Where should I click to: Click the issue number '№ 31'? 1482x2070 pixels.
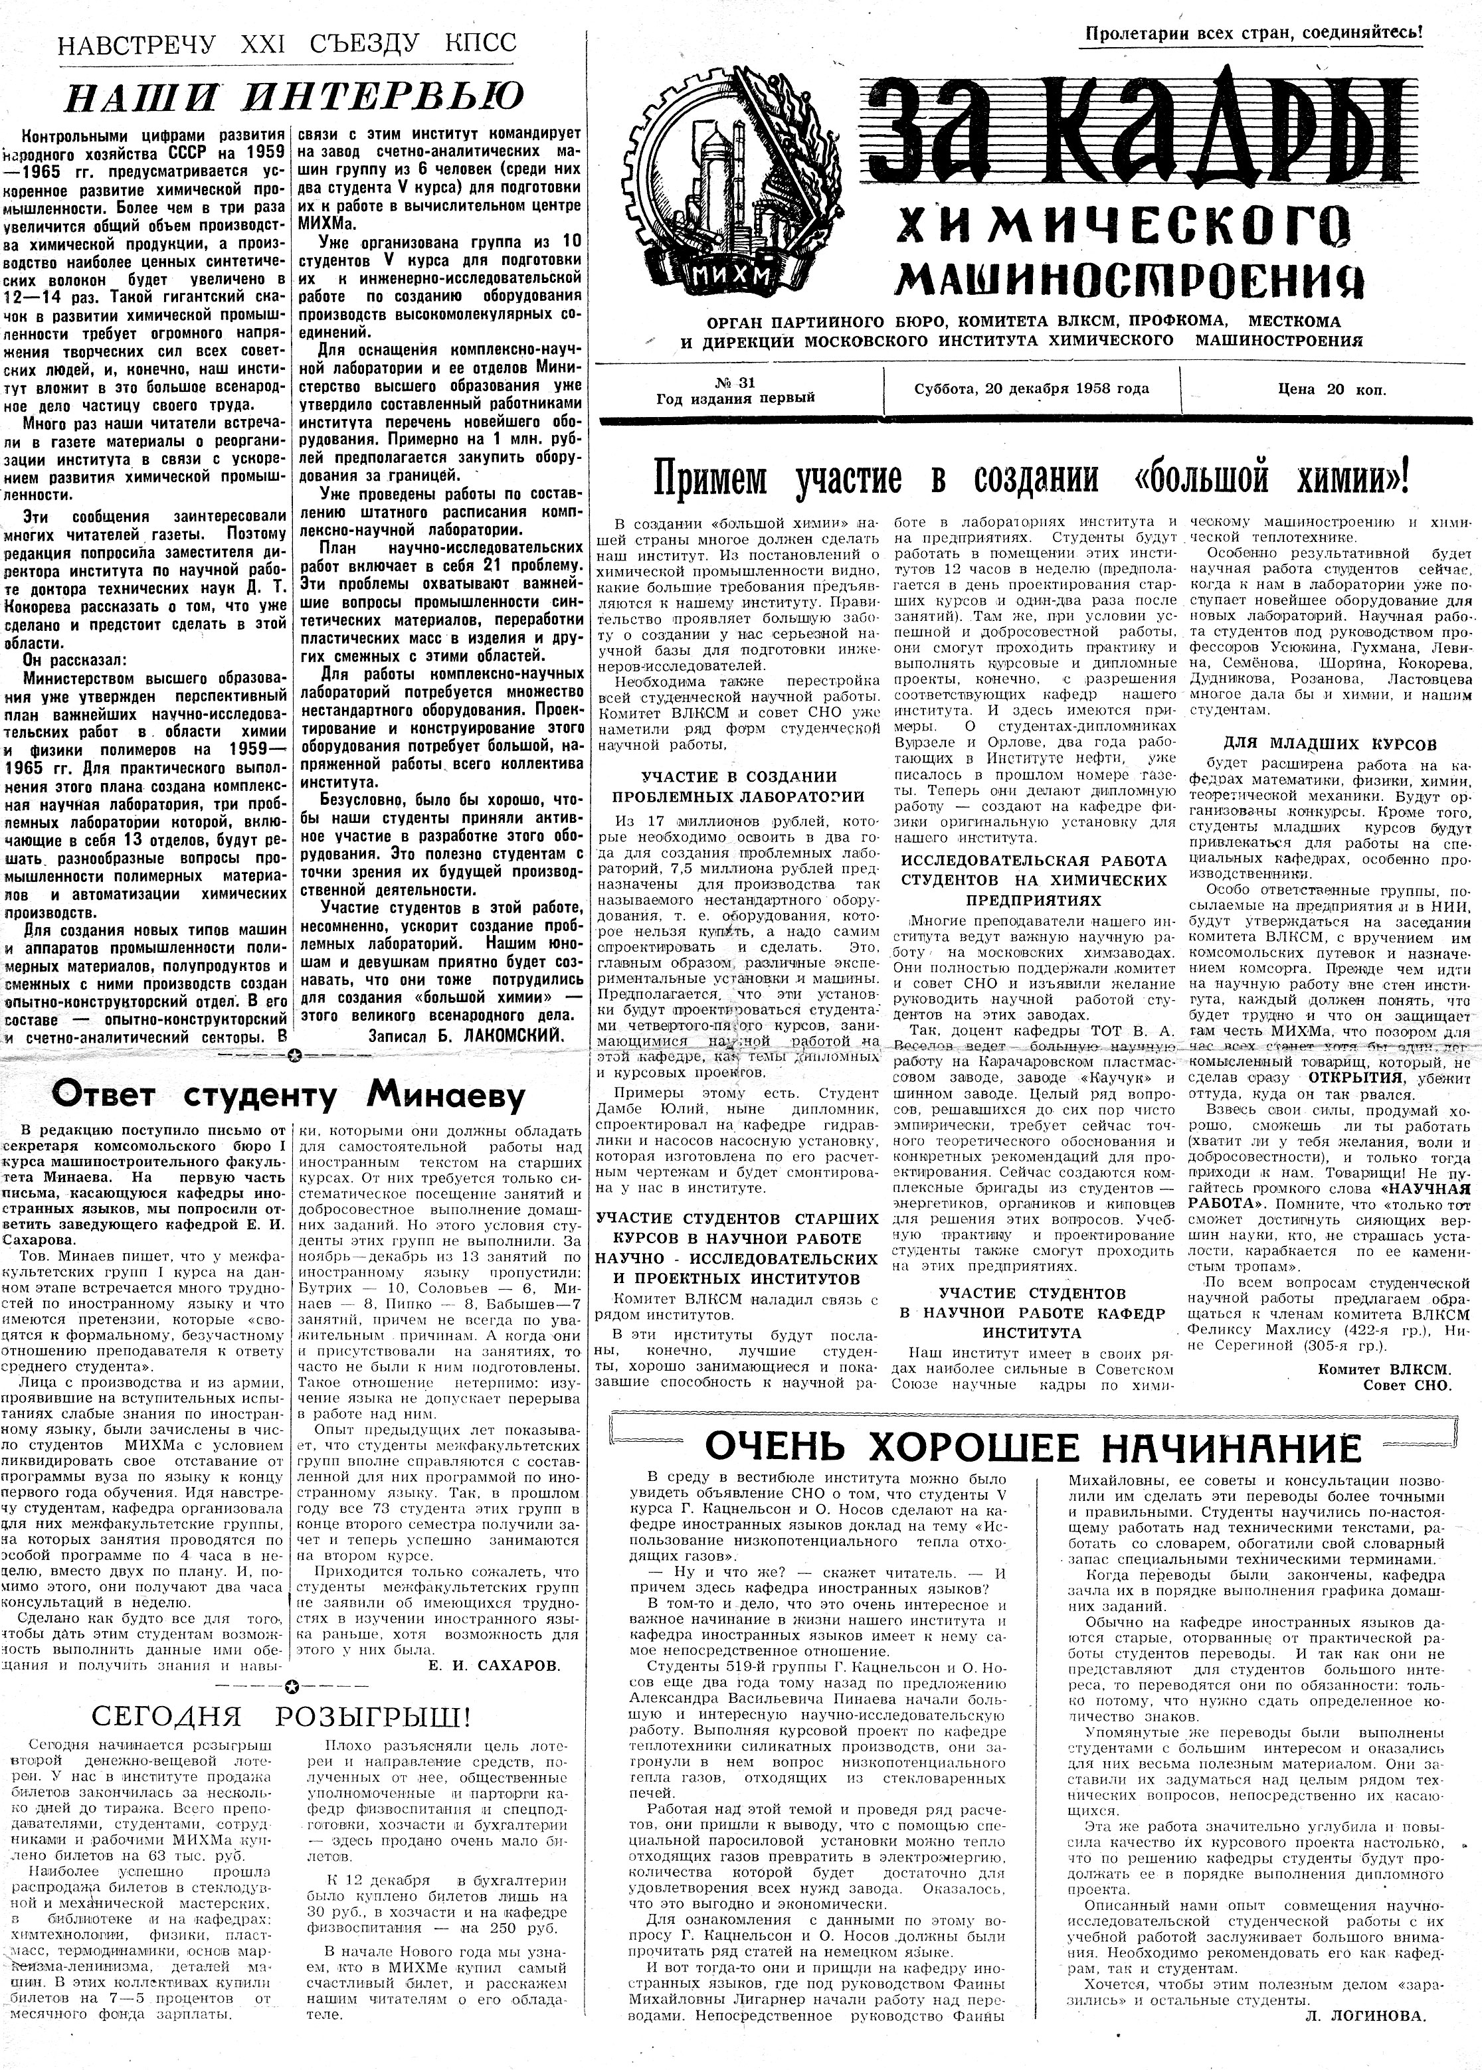735,381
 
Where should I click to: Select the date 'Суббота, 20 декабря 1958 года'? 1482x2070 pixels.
1031,388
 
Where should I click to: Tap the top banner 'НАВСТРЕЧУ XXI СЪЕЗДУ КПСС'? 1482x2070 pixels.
286,44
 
